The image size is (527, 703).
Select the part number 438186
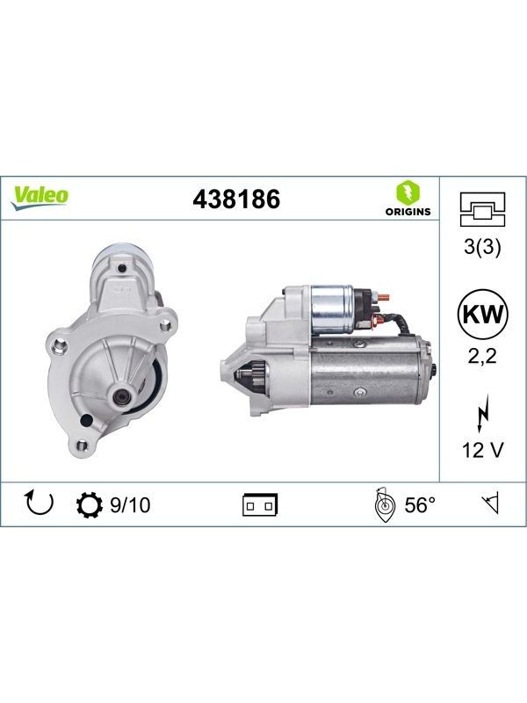(236, 199)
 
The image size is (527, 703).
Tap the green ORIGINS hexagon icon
(408, 192)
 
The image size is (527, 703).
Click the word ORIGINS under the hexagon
(408, 212)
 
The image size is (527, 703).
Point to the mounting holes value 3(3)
(482, 247)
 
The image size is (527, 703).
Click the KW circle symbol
(482, 314)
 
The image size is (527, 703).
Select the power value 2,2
(482, 357)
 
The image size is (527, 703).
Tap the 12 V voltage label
(482, 450)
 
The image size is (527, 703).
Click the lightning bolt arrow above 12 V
(482, 413)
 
